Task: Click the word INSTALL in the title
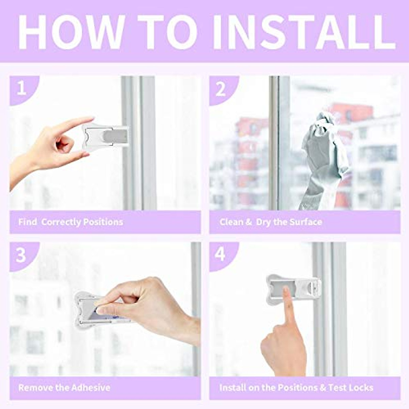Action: point(304,32)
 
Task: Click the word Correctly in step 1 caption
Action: point(61,222)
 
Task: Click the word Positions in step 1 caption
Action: point(103,222)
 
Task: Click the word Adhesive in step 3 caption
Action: point(91,388)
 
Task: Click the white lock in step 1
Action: point(105,136)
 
